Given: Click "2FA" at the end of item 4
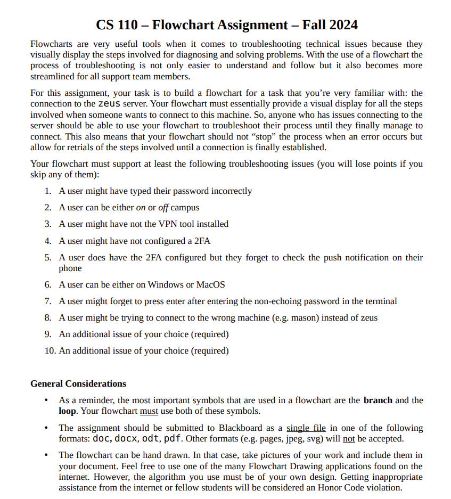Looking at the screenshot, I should pos(202,241).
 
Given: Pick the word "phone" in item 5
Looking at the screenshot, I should pos(70,268).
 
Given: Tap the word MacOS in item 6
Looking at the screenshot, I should pos(210,284).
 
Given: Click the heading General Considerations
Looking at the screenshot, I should pos(78,383).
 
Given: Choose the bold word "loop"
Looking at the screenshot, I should pos(68,411).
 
